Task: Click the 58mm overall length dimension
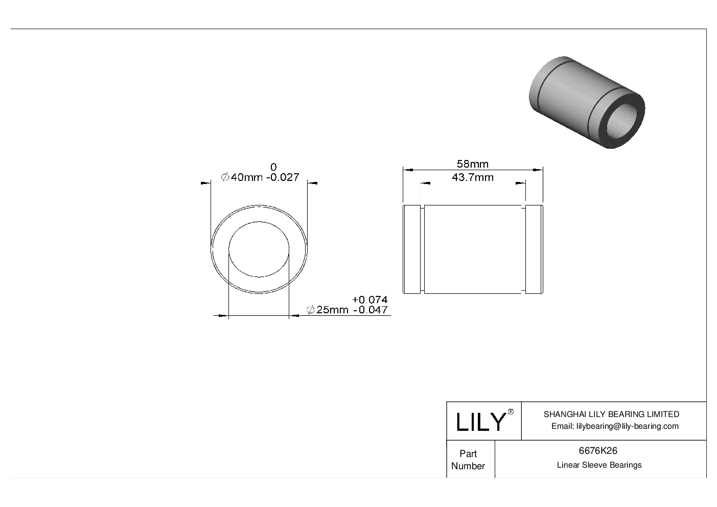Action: pyautogui.click(x=472, y=164)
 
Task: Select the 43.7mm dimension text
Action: pyautogui.click(x=472, y=178)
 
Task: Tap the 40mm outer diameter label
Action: pyautogui.click(x=246, y=177)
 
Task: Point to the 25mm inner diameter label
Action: pyautogui.click(x=332, y=310)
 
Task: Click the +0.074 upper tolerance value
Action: pyautogui.click(x=369, y=299)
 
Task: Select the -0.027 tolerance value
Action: pyautogui.click(x=282, y=177)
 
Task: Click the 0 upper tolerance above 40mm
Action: pyautogui.click(x=273, y=167)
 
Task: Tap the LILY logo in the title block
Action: pyautogui.click(x=480, y=422)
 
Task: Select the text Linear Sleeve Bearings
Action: pyautogui.click(x=599, y=465)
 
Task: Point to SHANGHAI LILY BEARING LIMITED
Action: pyautogui.click(x=611, y=414)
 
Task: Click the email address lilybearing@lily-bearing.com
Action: pyautogui.click(x=615, y=426)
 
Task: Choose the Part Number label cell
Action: pyautogui.click(x=468, y=459)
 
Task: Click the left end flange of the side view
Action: pyautogui.click(x=412, y=249)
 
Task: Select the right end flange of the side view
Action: pyautogui.click(x=534, y=249)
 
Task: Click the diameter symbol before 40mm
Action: pyautogui.click(x=224, y=177)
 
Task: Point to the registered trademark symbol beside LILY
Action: pyautogui.click(x=511, y=412)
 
